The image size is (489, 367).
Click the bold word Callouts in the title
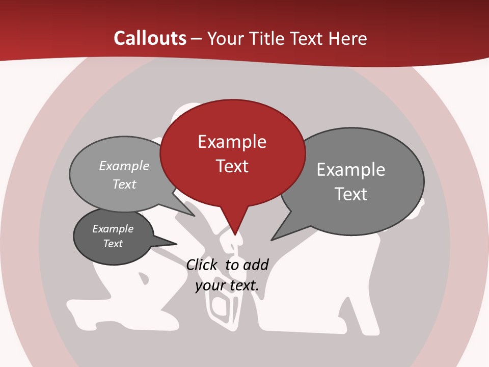point(150,38)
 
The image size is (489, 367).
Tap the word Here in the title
point(348,38)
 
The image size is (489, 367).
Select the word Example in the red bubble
point(232,142)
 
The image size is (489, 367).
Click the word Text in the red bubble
point(232,166)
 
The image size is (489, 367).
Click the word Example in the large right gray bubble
point(351,170)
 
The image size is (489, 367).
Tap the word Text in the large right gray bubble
point(351,194)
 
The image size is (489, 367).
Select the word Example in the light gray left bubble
point(124,166)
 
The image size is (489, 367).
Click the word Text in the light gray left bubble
point(124,184)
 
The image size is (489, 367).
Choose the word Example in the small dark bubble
point(113,229)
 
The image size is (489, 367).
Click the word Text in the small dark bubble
point(113,244)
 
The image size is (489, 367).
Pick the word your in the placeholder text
point(209,285)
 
